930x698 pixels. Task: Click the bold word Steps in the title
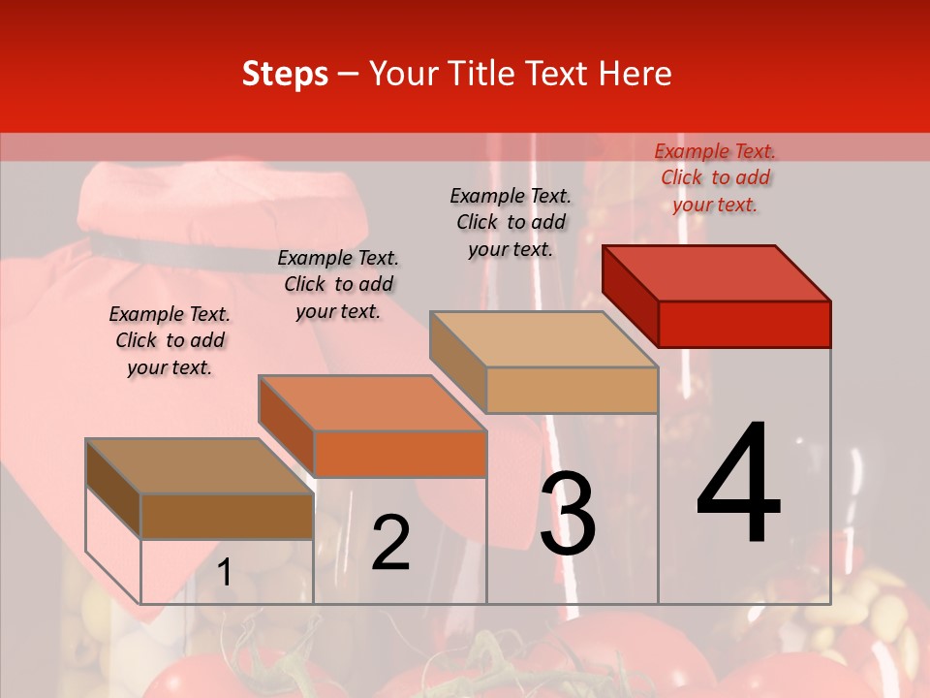click(x=285, y=75)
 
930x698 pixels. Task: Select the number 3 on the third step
click(x=568, y=514)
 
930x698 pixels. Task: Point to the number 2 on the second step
click(x=391, y=543)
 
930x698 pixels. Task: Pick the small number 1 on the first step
click(x=225, y=573)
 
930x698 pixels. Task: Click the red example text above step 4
click(x=715, y=177)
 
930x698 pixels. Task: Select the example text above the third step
click(x=511, y=222)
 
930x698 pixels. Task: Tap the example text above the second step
click(x=338, y=284)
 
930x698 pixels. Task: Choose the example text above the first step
click(x=170, y=340)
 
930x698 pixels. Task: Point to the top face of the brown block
click(x=200, y=466)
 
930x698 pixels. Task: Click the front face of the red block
click(x=744, y=324)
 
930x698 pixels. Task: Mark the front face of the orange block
click(x=399, y=454)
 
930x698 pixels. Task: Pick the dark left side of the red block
click(x=630, y=296)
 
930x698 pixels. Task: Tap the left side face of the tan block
click(x=457, y=362)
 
